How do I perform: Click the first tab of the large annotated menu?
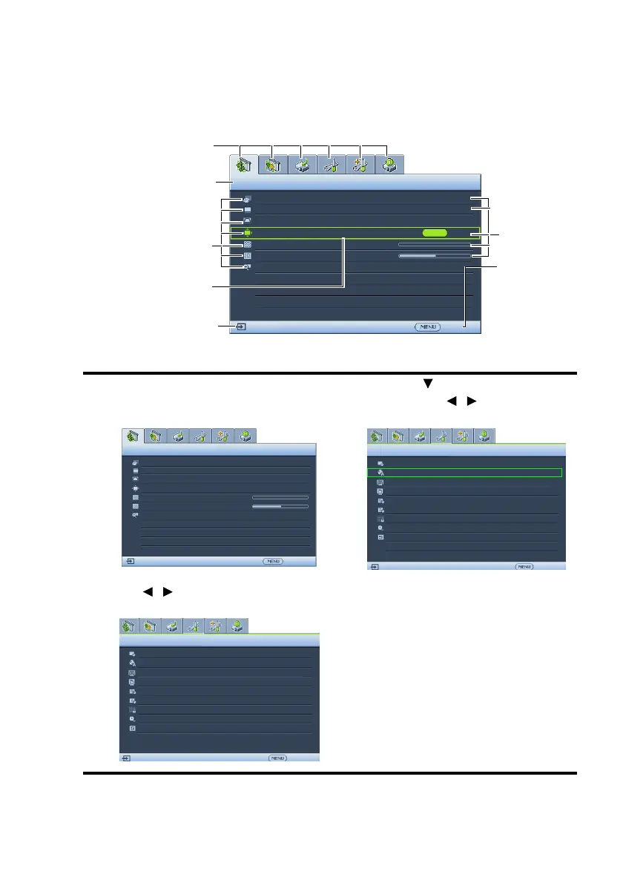click(245, 165)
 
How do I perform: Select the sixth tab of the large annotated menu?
click(390, 165)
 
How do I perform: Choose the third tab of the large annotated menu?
click(303, 165)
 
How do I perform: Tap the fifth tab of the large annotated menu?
click(361, 165)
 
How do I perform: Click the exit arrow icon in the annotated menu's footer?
click(242, 326)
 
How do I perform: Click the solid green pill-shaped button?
click(435, 232)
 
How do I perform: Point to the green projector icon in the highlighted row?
click(247, 233)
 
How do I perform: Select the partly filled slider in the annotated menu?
click(434, 255)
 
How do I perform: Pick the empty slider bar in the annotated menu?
click(434, 243)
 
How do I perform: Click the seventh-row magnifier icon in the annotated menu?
click(247, 266)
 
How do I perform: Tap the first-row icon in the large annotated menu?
click(247, 200)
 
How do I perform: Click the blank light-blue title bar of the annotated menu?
click(356, 183)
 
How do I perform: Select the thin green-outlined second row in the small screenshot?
click(465, 472)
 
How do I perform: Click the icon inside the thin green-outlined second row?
click(380, 472)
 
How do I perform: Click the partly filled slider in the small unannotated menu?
click(280, 508)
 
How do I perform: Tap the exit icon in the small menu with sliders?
click(131, 562)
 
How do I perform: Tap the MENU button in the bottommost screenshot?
click(277, 758)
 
